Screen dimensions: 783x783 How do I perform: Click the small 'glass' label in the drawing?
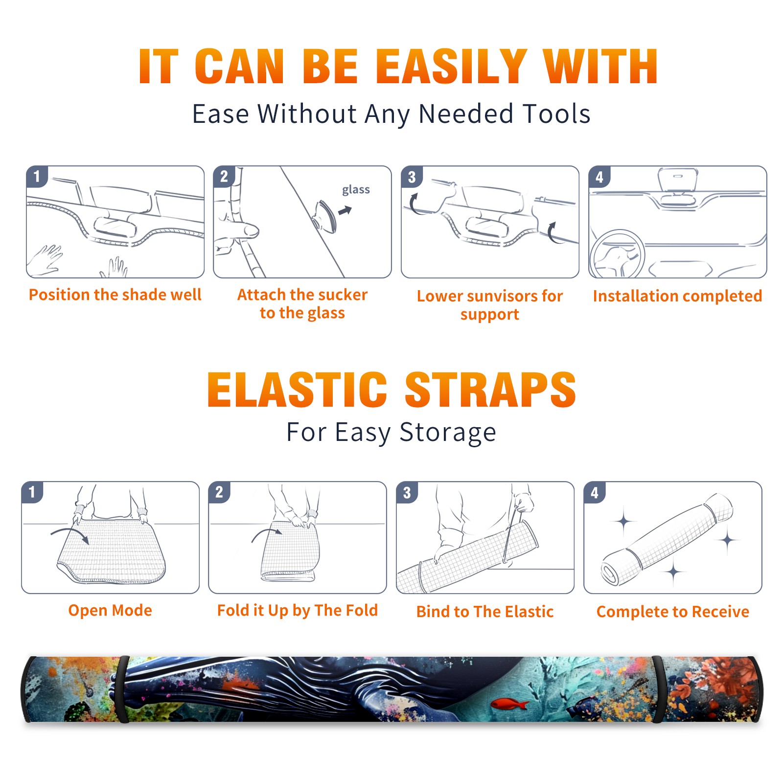point(356,189)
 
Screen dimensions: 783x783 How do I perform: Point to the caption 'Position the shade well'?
point(115,295)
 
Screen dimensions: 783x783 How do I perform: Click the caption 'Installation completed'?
point(677,296)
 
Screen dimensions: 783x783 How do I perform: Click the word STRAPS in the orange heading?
point(490,390)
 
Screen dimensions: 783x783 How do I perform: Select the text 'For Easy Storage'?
point(391,432)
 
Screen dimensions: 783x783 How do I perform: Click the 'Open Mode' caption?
point(110,610)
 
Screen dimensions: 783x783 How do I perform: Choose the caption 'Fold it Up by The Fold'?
point(298,610)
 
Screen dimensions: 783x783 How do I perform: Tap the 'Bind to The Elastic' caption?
point(485,611)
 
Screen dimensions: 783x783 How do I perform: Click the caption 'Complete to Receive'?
point(673,612)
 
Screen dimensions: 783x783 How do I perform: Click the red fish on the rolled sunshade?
point(509,704)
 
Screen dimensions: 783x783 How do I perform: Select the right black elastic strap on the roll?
point(658,690)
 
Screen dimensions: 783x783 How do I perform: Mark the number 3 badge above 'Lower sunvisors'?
point(412,177)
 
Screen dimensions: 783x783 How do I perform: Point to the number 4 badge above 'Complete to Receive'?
point(595,492)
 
